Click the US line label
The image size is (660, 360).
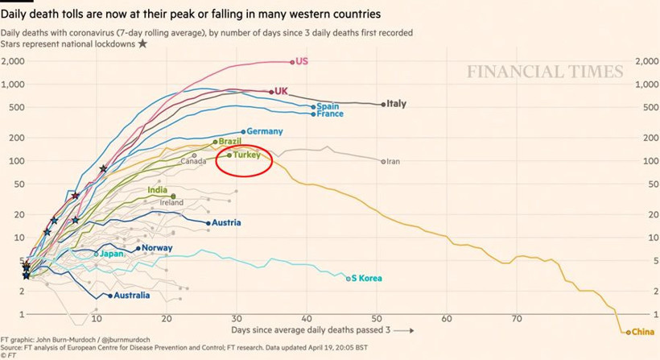pos(303,61)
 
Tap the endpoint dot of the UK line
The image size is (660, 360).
pos(271,92)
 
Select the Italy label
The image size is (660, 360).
pos(396,104)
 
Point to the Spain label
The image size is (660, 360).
pos(328,106)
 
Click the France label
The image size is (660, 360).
pos(330,114)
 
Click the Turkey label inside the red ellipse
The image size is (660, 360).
pos(246,155)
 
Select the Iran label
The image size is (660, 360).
pos(393,162)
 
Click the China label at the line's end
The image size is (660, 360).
pos(643,332)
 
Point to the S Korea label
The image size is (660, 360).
pos(366,279)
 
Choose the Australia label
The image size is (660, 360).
pos(132,296)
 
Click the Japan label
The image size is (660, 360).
pos(111,254)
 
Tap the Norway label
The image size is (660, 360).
pos(157,248)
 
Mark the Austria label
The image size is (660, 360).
pos(226,223)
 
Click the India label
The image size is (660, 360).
pos(158,190)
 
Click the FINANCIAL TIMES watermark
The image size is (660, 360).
pos(545,72)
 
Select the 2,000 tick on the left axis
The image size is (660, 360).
pos(14,62)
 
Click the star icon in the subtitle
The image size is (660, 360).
pos(142,43)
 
